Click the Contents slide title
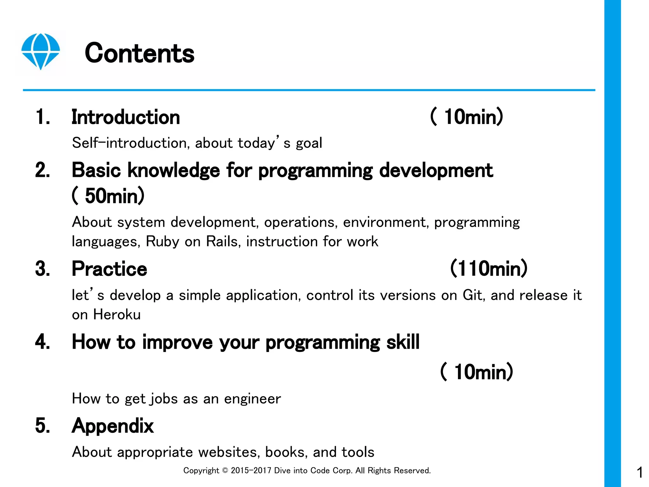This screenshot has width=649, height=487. [139, 53]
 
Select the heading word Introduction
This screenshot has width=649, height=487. [126, 117]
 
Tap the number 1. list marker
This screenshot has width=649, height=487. [43, 117]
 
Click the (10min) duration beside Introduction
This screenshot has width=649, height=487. [467, 117]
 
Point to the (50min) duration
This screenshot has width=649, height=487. [108, 196]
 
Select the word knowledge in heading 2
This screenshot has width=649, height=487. [173, 170]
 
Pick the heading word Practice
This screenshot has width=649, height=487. [109, 269]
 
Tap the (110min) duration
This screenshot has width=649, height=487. [489, 269]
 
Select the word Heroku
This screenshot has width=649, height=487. [117, 315]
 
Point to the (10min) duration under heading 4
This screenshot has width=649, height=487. [477, 372]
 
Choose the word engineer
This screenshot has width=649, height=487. [252, 399]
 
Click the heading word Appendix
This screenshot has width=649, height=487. [113, 426]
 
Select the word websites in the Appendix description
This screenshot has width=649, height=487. [229, 452]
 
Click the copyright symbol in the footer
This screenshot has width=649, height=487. [225, 471]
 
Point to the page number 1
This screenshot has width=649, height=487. [639, 472]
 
